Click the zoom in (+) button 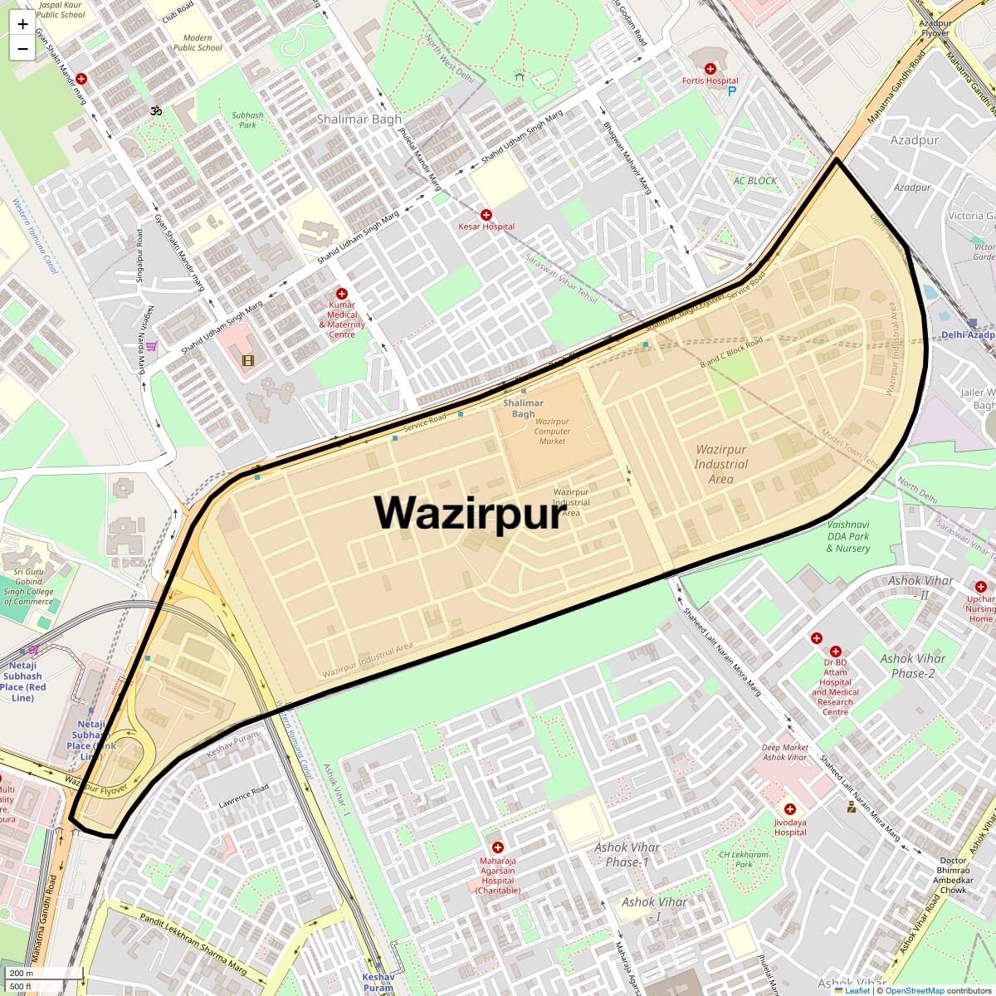coord(22,25)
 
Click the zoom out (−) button coord(22,49)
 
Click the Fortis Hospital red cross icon coord(710,69)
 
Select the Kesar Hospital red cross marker coord(486,215)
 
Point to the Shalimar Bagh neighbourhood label coord(359,120)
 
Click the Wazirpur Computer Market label coord(552,431)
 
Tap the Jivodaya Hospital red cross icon coord(790,809)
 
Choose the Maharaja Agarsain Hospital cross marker coord(498,847)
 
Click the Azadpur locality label coord(915,140)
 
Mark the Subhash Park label coord(247,120)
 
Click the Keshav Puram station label coord(378,983)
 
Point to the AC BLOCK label coord(755,181)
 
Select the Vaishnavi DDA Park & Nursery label coord(848,536)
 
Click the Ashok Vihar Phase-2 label coord(913,666)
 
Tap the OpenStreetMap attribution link coord(915,990)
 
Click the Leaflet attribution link coord(857,990)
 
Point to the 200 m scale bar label coord(22,973)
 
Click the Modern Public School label coord(198,42)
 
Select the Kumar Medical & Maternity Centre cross coord(341,294)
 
